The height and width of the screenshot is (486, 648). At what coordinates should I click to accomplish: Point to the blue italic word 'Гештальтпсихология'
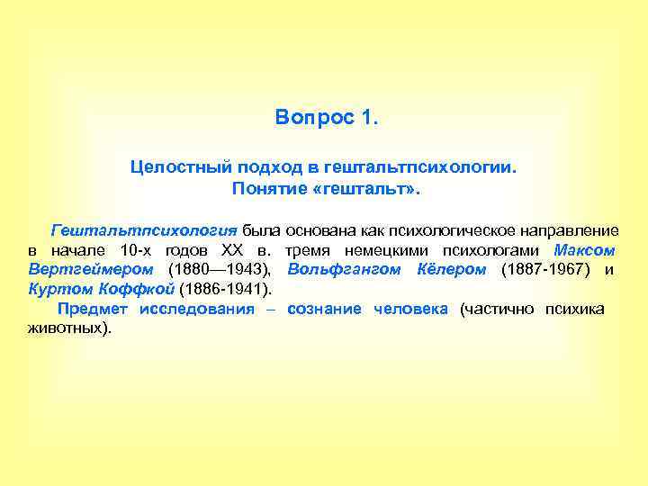[x=144, y=230]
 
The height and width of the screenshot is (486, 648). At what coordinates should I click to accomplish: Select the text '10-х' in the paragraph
[x=136, y=250]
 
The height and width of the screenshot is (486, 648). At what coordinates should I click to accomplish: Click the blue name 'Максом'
[x=585, y=250]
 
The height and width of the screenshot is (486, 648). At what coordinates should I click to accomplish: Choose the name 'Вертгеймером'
[x=79, y=270]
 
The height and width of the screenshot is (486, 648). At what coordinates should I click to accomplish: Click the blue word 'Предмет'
[x=93, y=310]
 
